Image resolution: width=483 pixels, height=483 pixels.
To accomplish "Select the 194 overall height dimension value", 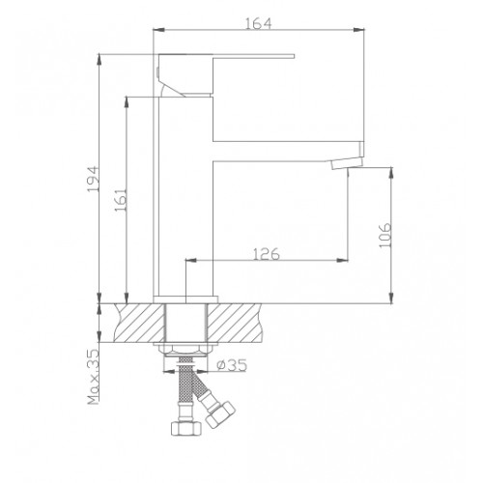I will [x=90, y=178].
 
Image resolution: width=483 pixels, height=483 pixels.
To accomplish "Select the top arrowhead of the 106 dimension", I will [x=390, y=172].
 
